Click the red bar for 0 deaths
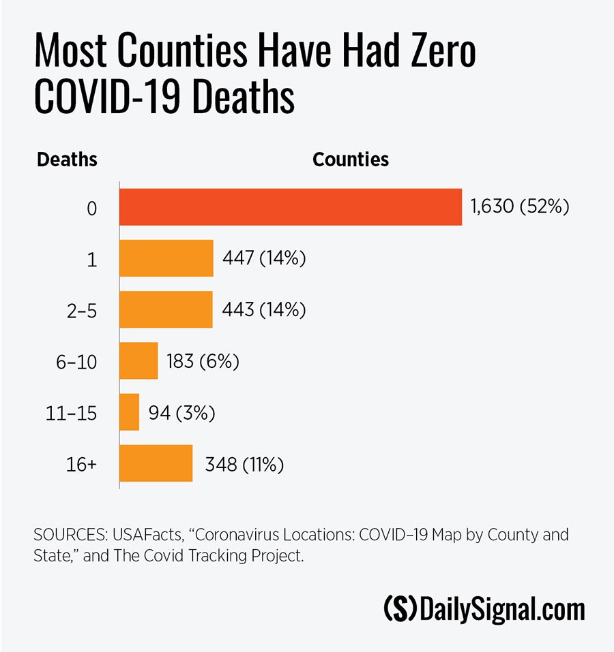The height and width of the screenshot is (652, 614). (291, 207)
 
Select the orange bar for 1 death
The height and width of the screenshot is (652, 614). (166, 258)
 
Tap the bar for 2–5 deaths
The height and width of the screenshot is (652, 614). (166, 309)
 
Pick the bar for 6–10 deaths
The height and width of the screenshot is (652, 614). (138, 361)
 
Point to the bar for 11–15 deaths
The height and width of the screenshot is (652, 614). (130, 412)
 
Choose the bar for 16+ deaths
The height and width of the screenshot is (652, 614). (156, 464)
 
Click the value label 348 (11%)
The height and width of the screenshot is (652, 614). (244, 465)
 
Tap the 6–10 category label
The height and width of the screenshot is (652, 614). (77, 361)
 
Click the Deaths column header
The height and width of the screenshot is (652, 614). (67, 159)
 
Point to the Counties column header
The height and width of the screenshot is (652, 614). (351, 159)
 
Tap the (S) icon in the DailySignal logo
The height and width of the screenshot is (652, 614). (400, 608)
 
